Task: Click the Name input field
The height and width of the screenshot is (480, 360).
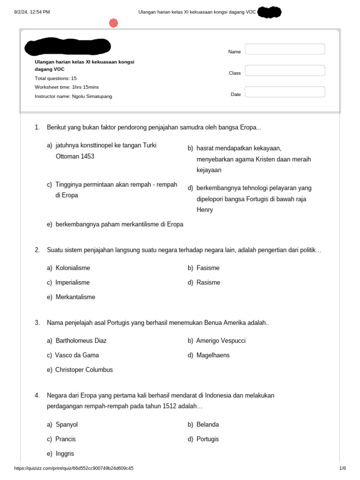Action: tap(285, 49)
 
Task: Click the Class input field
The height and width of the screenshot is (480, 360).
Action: tap(285, 70)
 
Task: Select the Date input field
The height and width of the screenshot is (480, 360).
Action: tap(285, 92)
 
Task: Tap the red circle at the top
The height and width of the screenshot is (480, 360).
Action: tap(113, 23)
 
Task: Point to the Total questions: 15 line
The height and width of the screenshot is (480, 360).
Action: tap(55, 78)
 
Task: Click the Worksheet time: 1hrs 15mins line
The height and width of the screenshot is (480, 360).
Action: tap(67, 87)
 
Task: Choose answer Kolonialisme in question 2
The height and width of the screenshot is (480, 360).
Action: tap(73, 268)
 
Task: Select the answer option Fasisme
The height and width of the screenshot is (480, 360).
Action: tap(208, 268)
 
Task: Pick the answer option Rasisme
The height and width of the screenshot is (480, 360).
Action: tap(208, 283)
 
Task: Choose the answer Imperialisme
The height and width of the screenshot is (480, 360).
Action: tap(72, 283)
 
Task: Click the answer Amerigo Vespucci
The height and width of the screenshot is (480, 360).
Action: tap(220, 341)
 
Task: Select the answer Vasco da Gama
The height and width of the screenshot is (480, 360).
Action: tap(77, 355)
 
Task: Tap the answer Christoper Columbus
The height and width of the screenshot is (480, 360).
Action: tap(84, 370)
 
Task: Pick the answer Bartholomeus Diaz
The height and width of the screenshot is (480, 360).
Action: tap(84, 341)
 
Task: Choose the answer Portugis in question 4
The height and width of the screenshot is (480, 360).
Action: tap(207, 439)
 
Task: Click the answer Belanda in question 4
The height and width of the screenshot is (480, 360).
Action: tap(207, 425)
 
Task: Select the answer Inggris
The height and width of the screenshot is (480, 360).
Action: tap(65, 454)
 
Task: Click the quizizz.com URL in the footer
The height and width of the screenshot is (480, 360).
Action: tap(74, 468)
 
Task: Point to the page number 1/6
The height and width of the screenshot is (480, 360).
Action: tap(342, 468)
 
